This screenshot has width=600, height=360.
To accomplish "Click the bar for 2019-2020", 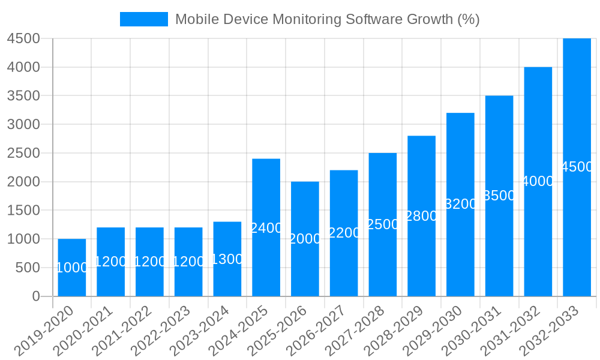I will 72,282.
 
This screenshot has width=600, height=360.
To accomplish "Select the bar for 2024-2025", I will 266,264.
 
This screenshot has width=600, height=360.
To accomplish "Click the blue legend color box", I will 144,19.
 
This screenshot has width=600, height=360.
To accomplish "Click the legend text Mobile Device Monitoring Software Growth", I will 327,19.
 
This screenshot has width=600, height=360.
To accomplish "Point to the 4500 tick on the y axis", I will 23,38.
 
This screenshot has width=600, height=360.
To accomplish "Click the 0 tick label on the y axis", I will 35,296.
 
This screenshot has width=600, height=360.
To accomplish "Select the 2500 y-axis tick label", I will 23,153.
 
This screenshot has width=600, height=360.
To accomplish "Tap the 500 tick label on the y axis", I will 28,268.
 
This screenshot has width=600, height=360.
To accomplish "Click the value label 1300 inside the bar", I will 227,259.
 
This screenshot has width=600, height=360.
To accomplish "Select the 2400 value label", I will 266,228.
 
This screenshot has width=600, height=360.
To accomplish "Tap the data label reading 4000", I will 538,181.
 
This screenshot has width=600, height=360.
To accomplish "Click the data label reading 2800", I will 422,216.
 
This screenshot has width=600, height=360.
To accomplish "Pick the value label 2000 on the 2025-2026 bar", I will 305,239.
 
